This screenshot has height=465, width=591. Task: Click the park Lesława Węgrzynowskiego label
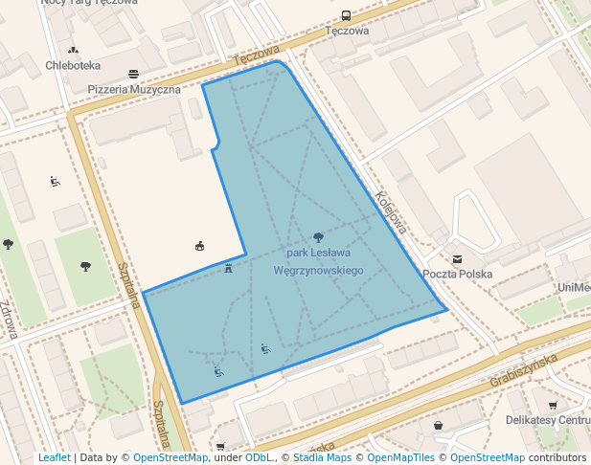pos(318,262)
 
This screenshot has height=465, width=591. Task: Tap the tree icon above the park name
pos(318,236)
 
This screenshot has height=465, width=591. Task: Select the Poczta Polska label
pos(457,274)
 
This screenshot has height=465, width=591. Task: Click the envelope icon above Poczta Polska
pos(457,258)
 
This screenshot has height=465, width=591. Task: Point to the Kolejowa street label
pos(392,210)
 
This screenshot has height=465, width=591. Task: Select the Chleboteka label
pos(73,66)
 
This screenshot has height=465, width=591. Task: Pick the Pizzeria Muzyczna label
pos(134,89)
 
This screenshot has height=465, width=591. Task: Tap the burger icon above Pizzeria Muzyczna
pos(133,74)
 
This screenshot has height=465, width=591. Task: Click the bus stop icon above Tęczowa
pos(346,15)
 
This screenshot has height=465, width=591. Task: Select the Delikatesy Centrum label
pos(547,420)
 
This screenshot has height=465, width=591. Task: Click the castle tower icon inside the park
pos(228,268)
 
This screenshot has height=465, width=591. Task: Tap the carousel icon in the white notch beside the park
pos(199,246)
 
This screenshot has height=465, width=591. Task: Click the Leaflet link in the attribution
pos(55,457)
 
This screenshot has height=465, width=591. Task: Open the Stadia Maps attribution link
pos(322,457)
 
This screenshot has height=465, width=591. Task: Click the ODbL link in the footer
pos(259,457)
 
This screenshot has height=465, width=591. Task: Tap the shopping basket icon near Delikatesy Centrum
pos(439,425)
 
